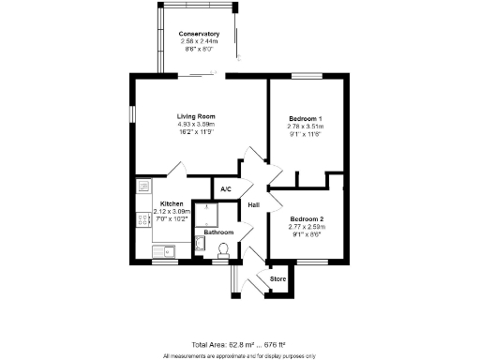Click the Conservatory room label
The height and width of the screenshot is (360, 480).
click(x=199, y=34)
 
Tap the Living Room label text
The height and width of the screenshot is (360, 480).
click(x=197, y=116)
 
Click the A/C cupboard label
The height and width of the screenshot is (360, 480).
click(x=226, y=190)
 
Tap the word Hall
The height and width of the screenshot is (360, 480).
click(x=253, y=205)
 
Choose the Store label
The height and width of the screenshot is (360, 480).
click(x=277, y=279)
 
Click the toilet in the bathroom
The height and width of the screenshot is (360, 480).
click(x=223, y=249)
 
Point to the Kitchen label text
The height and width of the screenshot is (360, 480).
click(x=172, y=204)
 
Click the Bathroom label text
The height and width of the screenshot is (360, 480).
click(x=218, y=232)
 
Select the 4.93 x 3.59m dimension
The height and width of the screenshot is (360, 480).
click(x=197, y=124)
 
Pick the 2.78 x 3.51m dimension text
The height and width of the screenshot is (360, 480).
click(x=305, y=126)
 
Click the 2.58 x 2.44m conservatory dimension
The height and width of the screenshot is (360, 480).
click(x=199, y=41)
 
